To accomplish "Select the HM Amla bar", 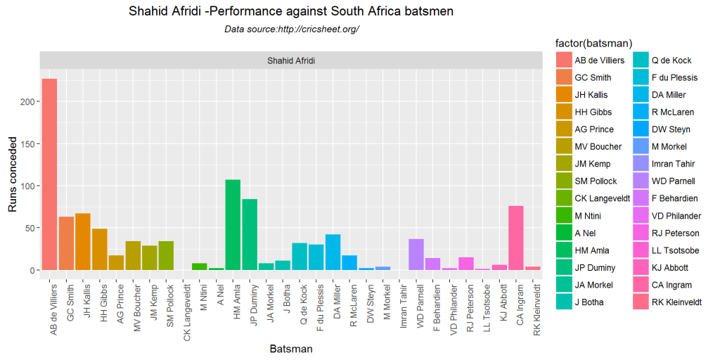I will (233, 225).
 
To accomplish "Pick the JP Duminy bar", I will (250, 235).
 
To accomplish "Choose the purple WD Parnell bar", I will (416, 255).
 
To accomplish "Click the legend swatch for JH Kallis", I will (564, 95).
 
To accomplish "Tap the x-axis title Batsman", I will (291, 348).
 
